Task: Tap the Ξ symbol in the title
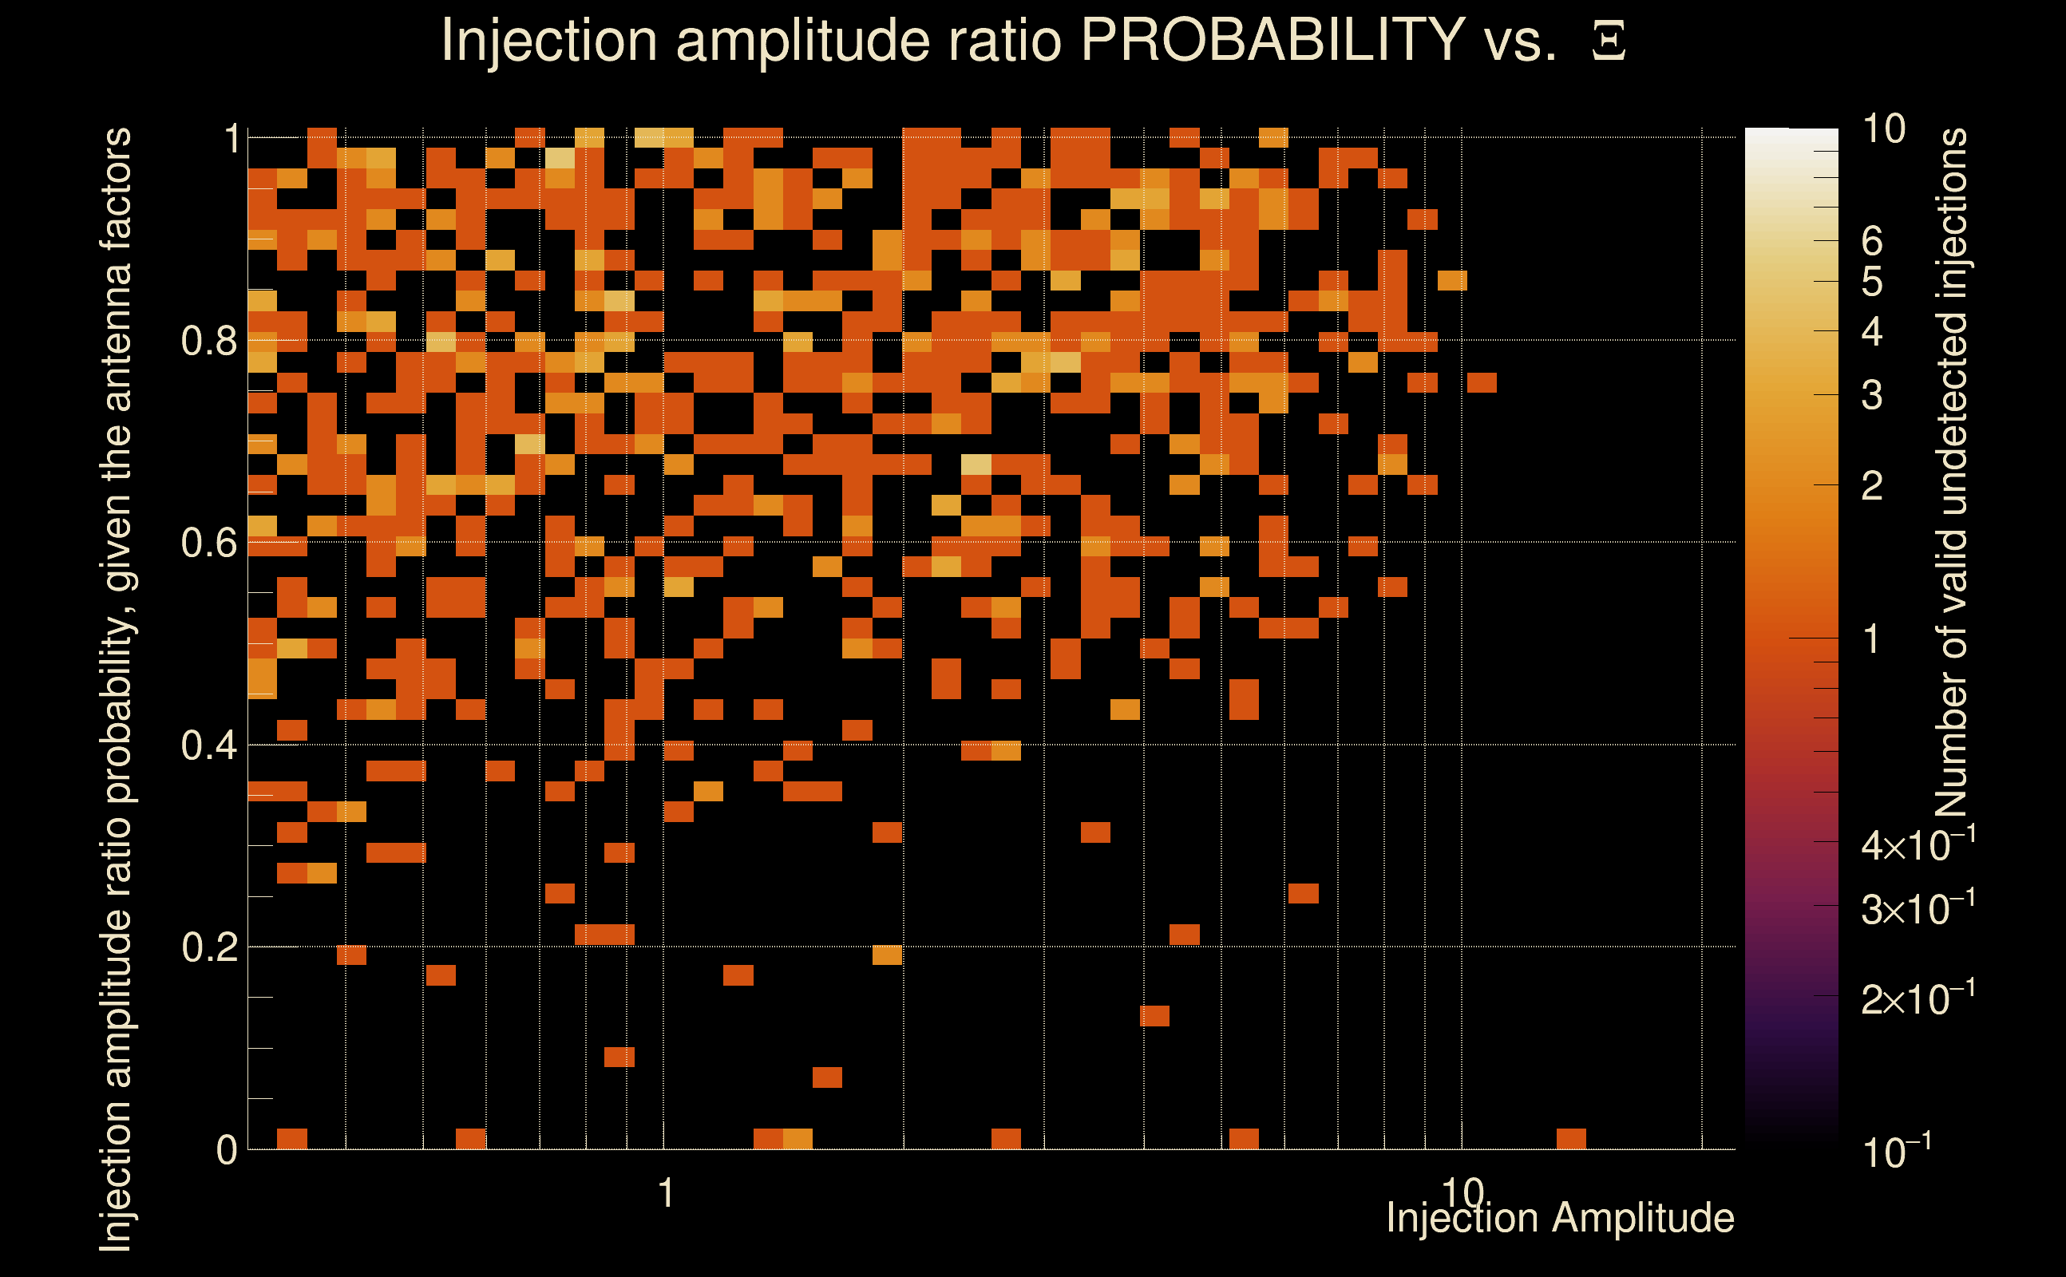point(1609,41)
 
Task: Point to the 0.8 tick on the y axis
point(208,342)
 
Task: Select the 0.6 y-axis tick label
point(208,543)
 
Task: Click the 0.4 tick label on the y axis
point(208,745)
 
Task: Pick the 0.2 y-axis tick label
point(208,947)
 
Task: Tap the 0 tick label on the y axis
point(227,1150)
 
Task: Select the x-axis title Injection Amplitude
point(1560,1218)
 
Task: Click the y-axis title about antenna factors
point(116,688)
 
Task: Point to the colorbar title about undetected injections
point(1951,473)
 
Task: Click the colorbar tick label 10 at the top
point(1882,129)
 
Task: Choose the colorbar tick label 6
point(1872,243)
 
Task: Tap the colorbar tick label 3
point(1872,395)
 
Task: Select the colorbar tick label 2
point(1872,485)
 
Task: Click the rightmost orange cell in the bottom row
point(1571,1138)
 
